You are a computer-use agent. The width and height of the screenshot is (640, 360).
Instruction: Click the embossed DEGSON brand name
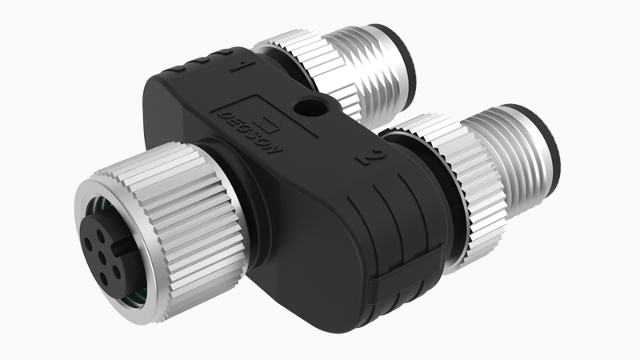tap(250, 132)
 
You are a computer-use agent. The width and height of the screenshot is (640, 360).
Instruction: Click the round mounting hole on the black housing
tap(310, 108)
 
